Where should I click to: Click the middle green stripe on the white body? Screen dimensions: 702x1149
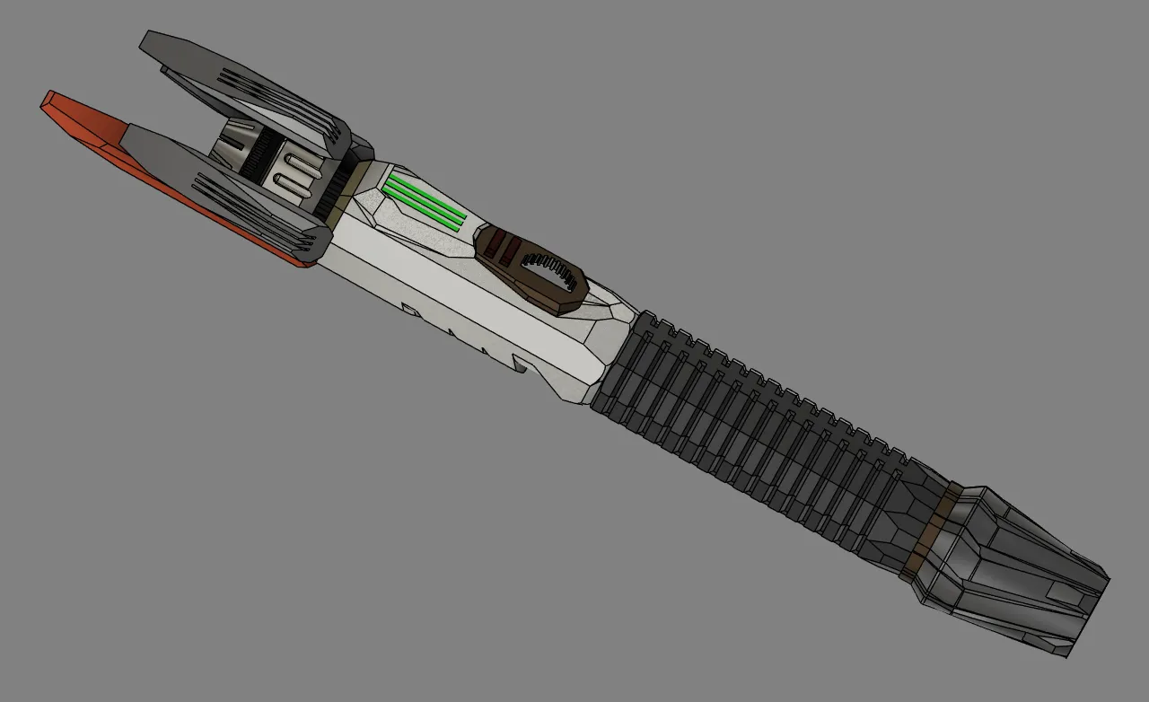424,201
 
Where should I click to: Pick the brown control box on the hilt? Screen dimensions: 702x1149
530,269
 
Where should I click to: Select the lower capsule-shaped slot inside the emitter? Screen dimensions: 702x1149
291,183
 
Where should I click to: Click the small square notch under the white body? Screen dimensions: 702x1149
408,310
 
